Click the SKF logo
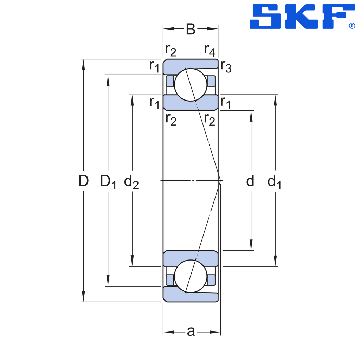(x=302, y=17)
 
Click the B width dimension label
(x=191, y=30)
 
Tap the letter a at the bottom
(x=191, y=332)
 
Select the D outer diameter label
(x=83, y=181)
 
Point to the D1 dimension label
(x=108, y=182)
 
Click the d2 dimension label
(x=131, y=182)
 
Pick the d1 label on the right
(x=274, y=182)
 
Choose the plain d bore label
(x=250, y=181)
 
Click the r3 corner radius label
(x=226, y=67)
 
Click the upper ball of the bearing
(x=191, y=85)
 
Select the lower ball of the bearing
(x=191, y=276)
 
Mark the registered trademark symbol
(x=352, y=26)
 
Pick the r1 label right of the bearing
(x=225, y=103)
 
